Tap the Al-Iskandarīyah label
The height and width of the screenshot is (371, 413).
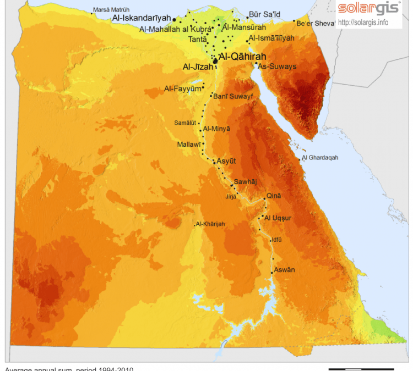point(141,18)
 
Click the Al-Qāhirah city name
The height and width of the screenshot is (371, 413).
point(242,57)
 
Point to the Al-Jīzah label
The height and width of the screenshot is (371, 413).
point(197,67)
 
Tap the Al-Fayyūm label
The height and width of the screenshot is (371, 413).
point(182,88)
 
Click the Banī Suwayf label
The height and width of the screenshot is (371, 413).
point(233,96)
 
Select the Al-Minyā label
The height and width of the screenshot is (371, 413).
point(216,129)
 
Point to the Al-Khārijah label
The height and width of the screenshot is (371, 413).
point(211,224)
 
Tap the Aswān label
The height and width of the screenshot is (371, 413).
point(284,269)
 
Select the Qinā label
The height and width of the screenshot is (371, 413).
point(274,196)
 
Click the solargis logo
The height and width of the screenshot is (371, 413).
point(369,8)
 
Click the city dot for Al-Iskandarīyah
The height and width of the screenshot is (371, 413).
point(175,19)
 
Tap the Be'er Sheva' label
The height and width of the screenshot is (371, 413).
point(316,23)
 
